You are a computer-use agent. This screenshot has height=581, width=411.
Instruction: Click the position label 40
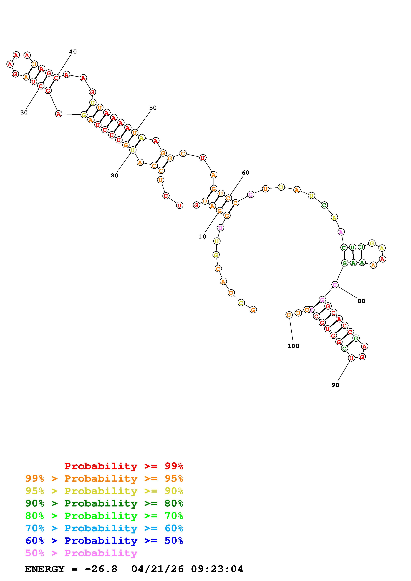pyautogui.click(x=73, y=52)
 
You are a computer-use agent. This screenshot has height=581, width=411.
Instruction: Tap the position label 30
pyautogui.click(x=24, y=113)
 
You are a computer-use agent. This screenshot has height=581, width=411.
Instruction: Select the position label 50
pyautogui.click(x=153, y=108)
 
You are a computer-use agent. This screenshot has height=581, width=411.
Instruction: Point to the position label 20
pyautogui.click(x=114, y=176)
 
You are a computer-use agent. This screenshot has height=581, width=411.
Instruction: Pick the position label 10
pyautogui.click(x=202, y=237)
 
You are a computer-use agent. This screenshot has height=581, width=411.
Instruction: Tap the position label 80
pyautogui.click(x=361, y=301)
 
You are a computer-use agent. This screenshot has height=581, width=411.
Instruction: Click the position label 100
pyautogui.click(x=293, y=346)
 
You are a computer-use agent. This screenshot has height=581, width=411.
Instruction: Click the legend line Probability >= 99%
pyautogui.click(x=124, y=466)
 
